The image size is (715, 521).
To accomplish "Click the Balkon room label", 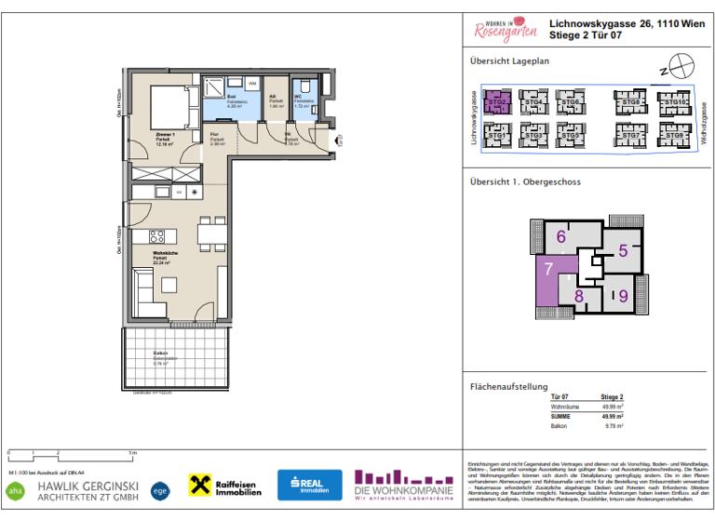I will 161,355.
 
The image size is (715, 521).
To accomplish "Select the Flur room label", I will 213,140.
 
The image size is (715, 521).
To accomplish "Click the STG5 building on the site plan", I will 570,136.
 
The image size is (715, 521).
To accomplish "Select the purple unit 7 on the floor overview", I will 548,271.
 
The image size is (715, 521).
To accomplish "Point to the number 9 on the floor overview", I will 623,297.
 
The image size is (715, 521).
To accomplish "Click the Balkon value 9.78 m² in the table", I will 612,426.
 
